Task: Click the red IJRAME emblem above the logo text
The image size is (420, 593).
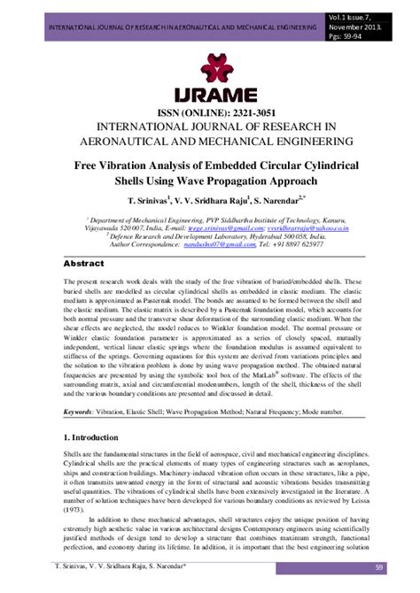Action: click(x=211, y=67)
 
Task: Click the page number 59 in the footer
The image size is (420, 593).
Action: click(x=402, y=566)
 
